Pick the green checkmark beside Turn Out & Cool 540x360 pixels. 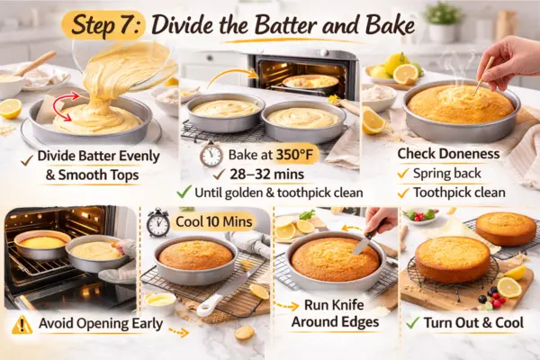(412, 322)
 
